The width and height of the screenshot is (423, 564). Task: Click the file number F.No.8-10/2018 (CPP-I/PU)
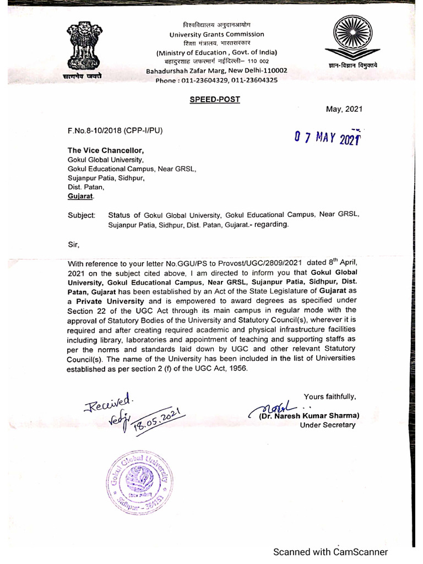[x=115, y=131]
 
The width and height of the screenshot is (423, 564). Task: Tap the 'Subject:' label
[x=81, y=215]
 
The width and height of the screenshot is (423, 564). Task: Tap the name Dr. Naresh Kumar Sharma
[x=309, y=415]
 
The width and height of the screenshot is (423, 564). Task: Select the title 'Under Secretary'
[x=328, y=425]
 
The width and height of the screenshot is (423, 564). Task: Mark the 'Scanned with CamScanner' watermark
[x=330, y=552]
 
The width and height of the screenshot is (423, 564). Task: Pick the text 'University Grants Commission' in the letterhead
[x=216, y=34]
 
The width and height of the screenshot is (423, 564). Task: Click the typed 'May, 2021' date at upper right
[x=345, y=109]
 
